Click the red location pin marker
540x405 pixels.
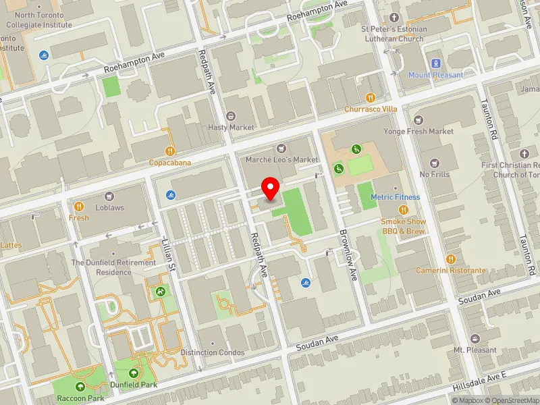[271, 188]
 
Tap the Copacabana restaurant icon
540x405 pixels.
[170, 151]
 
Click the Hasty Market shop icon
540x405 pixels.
[232, 116]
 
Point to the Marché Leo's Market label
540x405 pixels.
[282, 159]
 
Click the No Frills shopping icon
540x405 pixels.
[434, 163]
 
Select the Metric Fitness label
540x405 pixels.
[395, 197]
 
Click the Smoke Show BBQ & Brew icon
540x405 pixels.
[403, 210]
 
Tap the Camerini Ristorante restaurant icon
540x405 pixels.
[451, 259]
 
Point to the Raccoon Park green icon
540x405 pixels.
[80, 387]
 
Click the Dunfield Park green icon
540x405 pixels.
[133, 373]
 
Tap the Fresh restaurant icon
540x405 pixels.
[79, 207]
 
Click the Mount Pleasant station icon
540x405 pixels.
[435, 63]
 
